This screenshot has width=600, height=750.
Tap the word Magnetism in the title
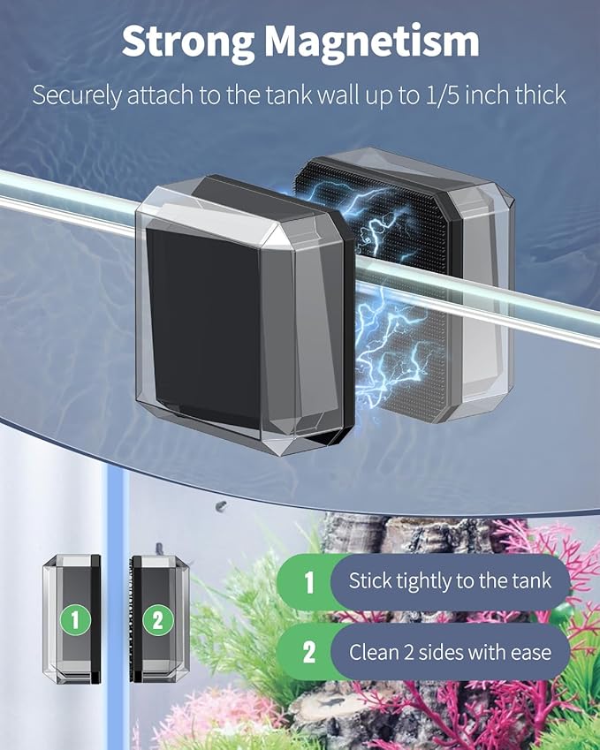tap(372, 42)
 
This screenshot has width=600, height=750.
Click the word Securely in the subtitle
tap(77, 96)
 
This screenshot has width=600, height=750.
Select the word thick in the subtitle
tap(540, 95)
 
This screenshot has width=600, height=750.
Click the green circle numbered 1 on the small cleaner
tap(75, 620)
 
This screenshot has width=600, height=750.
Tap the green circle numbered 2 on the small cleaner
tap(158, 620)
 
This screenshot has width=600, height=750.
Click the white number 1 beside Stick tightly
tap(309, 582)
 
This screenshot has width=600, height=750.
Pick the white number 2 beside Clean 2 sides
tap(309, 652)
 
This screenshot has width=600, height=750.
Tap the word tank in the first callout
tap(532, 581)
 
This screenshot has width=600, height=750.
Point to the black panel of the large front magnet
tap(203, 325)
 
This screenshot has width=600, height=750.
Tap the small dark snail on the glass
tap(221, 505)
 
